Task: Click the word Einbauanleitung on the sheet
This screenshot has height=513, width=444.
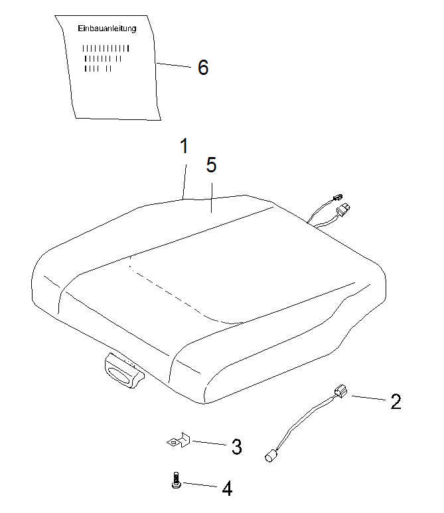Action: coord(107,28)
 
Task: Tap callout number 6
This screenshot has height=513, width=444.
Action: coord(203,68)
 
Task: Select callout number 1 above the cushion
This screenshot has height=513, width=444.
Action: coord(185,146)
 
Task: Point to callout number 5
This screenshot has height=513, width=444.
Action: coord(211,164)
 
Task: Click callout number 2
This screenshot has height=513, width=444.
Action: coord(396,402)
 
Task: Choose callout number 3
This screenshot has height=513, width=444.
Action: coord(236,447)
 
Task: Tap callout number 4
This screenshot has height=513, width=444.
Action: coord(227,488)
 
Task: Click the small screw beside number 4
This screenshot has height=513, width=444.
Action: coord(177,481)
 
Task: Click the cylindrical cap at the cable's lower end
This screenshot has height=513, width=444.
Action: coord(270,456)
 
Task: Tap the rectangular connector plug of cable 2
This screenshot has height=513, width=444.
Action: coord(340,391)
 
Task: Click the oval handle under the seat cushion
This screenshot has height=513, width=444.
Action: coord(124,371)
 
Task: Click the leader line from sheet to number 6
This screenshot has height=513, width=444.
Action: coord(173,65)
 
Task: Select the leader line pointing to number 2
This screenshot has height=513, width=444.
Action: coord(368,398)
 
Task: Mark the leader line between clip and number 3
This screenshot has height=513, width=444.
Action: coord(209,443)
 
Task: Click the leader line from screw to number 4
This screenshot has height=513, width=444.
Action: coord(200,484)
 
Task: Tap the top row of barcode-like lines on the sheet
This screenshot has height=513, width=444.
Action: coord(106,48)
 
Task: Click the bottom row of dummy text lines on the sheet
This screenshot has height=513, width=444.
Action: coord(98,68)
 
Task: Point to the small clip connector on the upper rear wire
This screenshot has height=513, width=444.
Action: coord(337,198)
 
